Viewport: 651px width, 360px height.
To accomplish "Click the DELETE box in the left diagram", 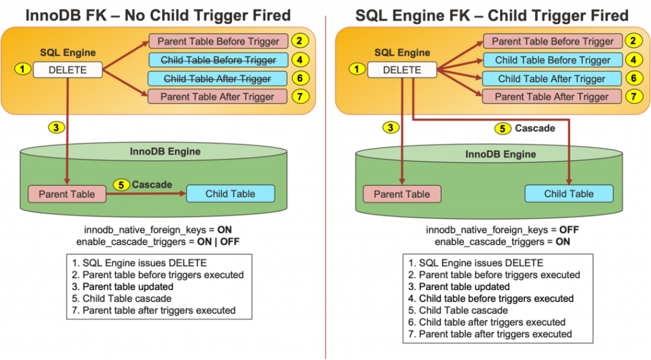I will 67,70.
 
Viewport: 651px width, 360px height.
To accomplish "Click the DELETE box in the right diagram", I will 402,70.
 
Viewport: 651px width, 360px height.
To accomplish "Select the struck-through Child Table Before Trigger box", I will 219,60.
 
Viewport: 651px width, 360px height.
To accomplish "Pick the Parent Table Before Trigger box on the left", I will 219,42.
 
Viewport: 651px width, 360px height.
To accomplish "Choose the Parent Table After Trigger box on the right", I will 552,97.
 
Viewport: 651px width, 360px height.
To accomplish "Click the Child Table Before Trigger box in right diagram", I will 552,60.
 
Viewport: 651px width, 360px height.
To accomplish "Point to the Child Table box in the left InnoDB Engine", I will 230,194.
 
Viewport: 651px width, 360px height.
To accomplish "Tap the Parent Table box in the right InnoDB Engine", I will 401,194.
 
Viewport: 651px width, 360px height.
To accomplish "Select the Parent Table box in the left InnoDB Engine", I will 67,194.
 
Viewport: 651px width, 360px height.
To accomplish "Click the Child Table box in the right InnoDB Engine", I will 569,194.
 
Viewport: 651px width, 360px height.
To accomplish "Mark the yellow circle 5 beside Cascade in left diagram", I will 121,185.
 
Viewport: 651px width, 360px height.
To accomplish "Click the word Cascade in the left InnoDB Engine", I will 152,184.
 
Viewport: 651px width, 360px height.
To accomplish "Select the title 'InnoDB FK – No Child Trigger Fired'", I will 158,15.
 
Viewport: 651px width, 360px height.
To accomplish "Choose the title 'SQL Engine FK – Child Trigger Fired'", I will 491,15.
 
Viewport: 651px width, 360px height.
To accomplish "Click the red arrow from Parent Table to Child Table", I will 146,194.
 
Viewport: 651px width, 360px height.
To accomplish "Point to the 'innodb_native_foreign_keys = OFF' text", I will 502,230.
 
